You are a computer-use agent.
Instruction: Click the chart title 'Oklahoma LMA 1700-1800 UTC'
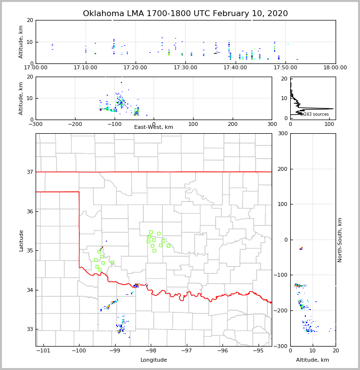(185, 14)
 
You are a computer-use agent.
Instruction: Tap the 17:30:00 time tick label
(185, 68)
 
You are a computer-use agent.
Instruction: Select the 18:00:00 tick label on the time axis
(335, 68)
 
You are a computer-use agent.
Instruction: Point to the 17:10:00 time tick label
(85, 68)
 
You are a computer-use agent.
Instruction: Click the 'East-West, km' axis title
(154, 127)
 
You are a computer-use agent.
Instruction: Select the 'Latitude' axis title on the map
(21, 240)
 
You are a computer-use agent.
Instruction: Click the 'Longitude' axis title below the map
(154, 360)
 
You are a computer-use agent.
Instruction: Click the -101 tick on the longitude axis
(43, 351)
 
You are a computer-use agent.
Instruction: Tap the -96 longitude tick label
(222, 351)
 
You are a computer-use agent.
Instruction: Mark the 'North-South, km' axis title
(340, 240)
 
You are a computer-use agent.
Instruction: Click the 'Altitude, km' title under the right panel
(313, 360)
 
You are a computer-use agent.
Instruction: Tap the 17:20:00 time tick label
(136, 68)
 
